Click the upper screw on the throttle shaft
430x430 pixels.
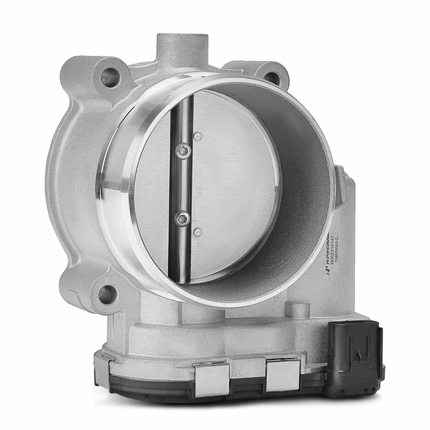pos(184,150)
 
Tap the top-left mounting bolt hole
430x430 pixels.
pos(110,77)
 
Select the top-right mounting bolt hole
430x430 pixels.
pos(272,77)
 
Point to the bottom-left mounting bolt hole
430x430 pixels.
pos(107,293)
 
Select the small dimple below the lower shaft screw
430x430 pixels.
pos(197,231)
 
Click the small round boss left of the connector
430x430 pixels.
pos(298,310)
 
